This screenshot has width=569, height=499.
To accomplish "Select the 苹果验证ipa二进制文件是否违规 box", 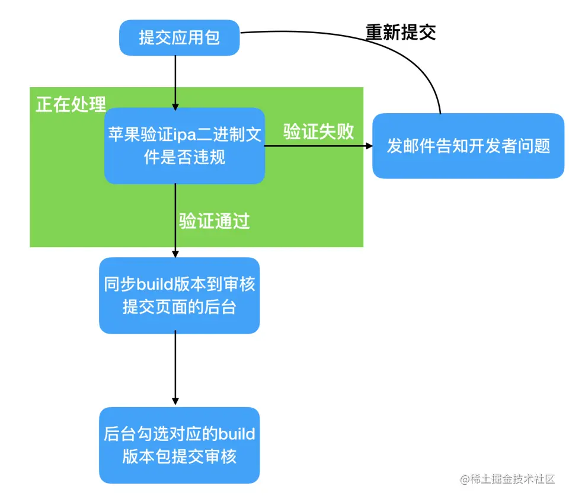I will tap(184, 146).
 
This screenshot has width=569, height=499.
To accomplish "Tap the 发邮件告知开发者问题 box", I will tap(468, 146).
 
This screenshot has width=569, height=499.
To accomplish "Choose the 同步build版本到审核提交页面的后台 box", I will tap(179, 295).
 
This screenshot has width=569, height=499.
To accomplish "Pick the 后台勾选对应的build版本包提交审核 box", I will tap(179, 445).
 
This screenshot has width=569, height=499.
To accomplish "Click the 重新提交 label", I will tap(401, 33).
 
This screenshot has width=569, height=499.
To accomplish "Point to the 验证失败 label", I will tap(318, 132).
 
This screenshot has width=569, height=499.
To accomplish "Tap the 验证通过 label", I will tap(215, 221).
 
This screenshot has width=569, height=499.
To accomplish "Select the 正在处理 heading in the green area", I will tap(71, 104).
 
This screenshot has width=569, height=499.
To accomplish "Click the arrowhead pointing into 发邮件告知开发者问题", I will tap(367, 146).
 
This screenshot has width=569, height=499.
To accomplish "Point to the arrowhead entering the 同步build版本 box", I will tap(175, 253).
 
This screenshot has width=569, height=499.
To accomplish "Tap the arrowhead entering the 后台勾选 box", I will tap(175, 402).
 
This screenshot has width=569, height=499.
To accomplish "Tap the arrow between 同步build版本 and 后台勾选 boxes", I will tap(175, 367).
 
